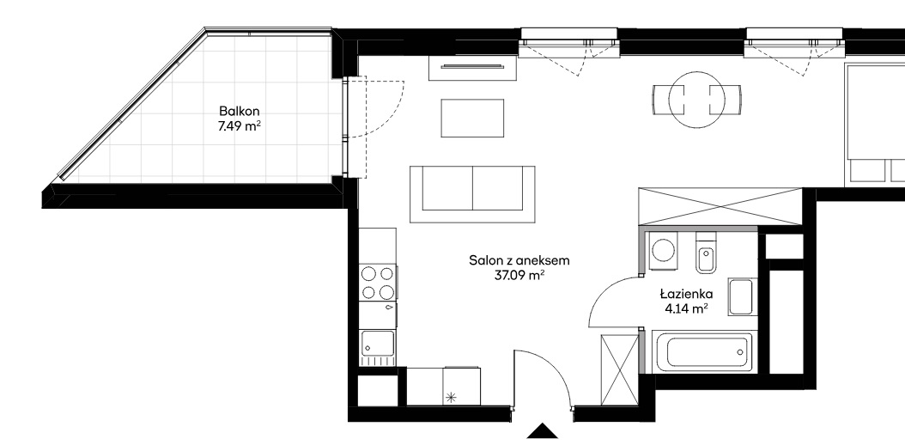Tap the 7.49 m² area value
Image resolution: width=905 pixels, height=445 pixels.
(x=239, y=126)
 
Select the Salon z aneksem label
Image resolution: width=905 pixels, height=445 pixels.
(x=519, y=260)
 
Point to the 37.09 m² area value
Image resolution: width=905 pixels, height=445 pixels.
(x=519, y=276)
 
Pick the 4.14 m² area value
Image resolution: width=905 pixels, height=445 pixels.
(x=687, y=309)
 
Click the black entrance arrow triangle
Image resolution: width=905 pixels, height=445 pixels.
(x=543, y=431)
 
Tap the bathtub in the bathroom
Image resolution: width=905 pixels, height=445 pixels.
(x=704, y=351)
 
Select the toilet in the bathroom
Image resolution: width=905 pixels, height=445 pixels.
(x=706, y=253)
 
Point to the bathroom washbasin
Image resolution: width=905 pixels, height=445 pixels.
(x=740, y=296)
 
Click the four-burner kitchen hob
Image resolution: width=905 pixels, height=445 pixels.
(x=378, y=283)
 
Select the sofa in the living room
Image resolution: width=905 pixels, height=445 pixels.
(x=472, y=194)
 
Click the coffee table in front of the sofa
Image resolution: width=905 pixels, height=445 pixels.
(x=472, y=119)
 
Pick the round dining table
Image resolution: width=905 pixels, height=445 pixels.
(x=696, y=100)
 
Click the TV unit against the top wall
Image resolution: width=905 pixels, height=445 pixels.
(x=472, y=68)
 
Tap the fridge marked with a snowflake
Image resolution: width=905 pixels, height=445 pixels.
(x=462, y=386)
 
